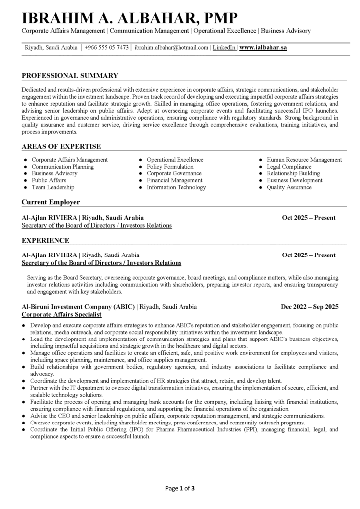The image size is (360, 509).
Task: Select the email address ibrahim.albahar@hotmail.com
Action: [x=172, y=48]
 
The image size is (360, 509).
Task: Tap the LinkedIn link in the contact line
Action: [x=224, y=48]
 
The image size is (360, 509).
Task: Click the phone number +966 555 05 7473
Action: [x=107, y=48]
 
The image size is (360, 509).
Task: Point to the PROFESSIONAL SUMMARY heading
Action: [x=70, y=76]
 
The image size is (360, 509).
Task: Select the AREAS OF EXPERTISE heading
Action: [x=62, y=146]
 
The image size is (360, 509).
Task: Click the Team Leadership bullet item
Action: [x=53, y=188]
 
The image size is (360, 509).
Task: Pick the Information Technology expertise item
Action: [x=176, y=188]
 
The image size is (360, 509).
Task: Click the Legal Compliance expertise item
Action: [x=289, y=167]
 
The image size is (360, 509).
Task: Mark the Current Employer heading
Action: [x=51, y=202]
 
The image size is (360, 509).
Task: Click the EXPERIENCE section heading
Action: [x=45, y=241]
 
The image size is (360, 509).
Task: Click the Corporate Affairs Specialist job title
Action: [x=62, y=315]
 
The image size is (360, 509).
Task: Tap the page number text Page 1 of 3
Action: [x=180, y=488]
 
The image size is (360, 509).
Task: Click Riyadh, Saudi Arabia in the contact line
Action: [x=51, y=48]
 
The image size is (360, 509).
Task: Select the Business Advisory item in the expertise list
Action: [x=55, y=174]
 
